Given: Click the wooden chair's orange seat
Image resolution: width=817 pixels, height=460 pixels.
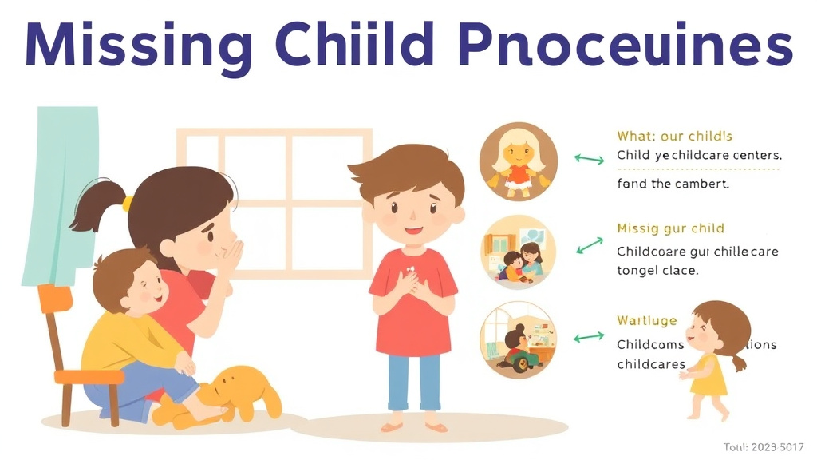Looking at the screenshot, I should [88, 375].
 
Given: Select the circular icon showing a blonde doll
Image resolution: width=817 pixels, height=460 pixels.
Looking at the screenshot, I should [518, 160].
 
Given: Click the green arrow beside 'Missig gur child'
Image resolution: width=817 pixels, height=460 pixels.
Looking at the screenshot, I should [590, 245].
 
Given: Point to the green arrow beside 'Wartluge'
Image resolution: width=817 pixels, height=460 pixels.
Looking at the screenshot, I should [590, 337].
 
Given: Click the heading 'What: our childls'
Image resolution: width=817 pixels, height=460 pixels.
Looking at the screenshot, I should [674, 137].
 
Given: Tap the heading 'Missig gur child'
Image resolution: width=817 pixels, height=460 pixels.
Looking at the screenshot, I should [670, 229].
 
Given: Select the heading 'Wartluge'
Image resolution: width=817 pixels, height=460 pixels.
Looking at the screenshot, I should [646, 321].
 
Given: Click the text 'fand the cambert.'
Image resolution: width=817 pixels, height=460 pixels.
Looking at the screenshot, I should [673, 184].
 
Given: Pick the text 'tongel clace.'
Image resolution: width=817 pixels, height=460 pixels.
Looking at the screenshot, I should [657, 271].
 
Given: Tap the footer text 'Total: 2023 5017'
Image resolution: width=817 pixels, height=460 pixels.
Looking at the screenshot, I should [764, 447].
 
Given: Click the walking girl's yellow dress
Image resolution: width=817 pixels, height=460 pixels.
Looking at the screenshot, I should [709, 375].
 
